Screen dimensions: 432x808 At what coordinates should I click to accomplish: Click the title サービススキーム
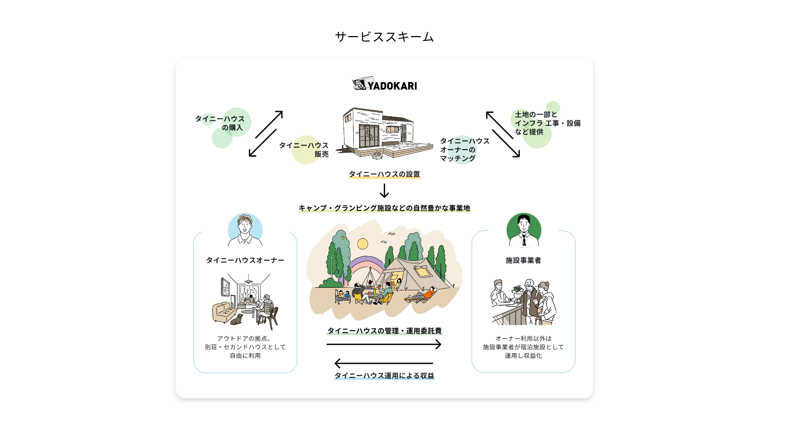point(385,37)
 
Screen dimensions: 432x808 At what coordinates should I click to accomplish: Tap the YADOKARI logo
point(385,85)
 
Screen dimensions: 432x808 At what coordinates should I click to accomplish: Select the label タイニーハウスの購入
point(220,123)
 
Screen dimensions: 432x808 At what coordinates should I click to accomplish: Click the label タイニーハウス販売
point(304,149)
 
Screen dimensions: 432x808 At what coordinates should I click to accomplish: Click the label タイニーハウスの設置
point(384,174)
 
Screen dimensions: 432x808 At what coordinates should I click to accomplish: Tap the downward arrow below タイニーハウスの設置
point(384,191)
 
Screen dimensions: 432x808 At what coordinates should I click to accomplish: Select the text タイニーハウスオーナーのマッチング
point(464,149)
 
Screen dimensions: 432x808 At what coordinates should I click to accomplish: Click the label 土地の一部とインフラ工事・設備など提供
point(547,123)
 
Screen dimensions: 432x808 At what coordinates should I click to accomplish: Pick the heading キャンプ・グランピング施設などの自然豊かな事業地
point(384,208)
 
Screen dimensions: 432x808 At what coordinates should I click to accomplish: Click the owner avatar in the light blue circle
point(245,230)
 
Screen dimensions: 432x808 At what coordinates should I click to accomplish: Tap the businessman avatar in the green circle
point(523,230)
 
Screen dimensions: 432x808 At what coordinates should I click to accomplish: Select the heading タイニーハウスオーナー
point(245,260)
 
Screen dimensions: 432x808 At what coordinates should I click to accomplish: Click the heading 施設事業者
point(523,260)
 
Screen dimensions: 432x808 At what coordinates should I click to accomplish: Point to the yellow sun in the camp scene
point(363,244)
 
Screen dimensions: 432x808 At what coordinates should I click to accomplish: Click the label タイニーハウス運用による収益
point(384,375)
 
